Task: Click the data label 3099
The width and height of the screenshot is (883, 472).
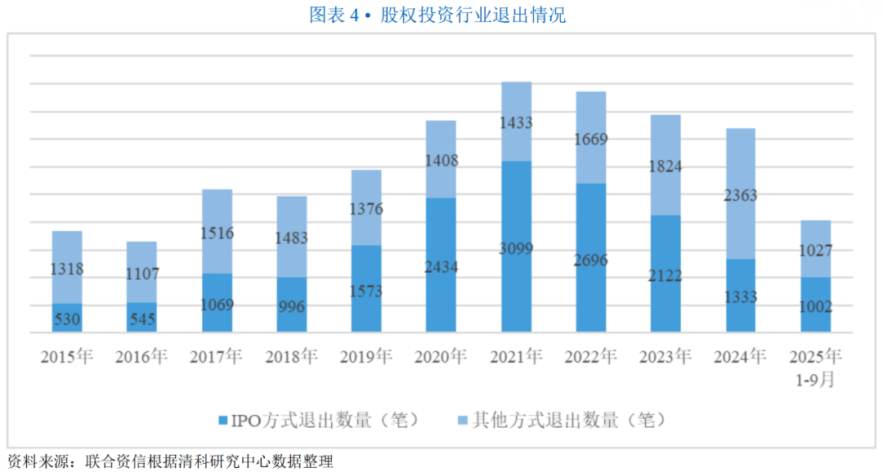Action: coord(516,248)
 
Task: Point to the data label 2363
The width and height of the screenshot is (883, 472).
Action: coord(741,195)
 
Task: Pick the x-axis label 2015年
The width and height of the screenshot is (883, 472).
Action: coord(67,357)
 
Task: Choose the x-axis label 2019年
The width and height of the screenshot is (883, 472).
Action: coord(366,357)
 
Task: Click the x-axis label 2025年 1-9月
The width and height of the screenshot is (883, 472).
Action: coord(815,367)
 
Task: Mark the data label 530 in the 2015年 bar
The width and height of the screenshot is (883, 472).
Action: coord(67,319)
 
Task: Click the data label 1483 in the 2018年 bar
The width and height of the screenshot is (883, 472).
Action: coord(291,237)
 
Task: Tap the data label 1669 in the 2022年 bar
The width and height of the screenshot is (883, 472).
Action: coord(591,140)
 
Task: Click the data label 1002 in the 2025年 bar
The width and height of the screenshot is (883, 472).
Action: coord(815,307)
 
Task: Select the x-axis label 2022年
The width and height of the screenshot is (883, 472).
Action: coord(591,357)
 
